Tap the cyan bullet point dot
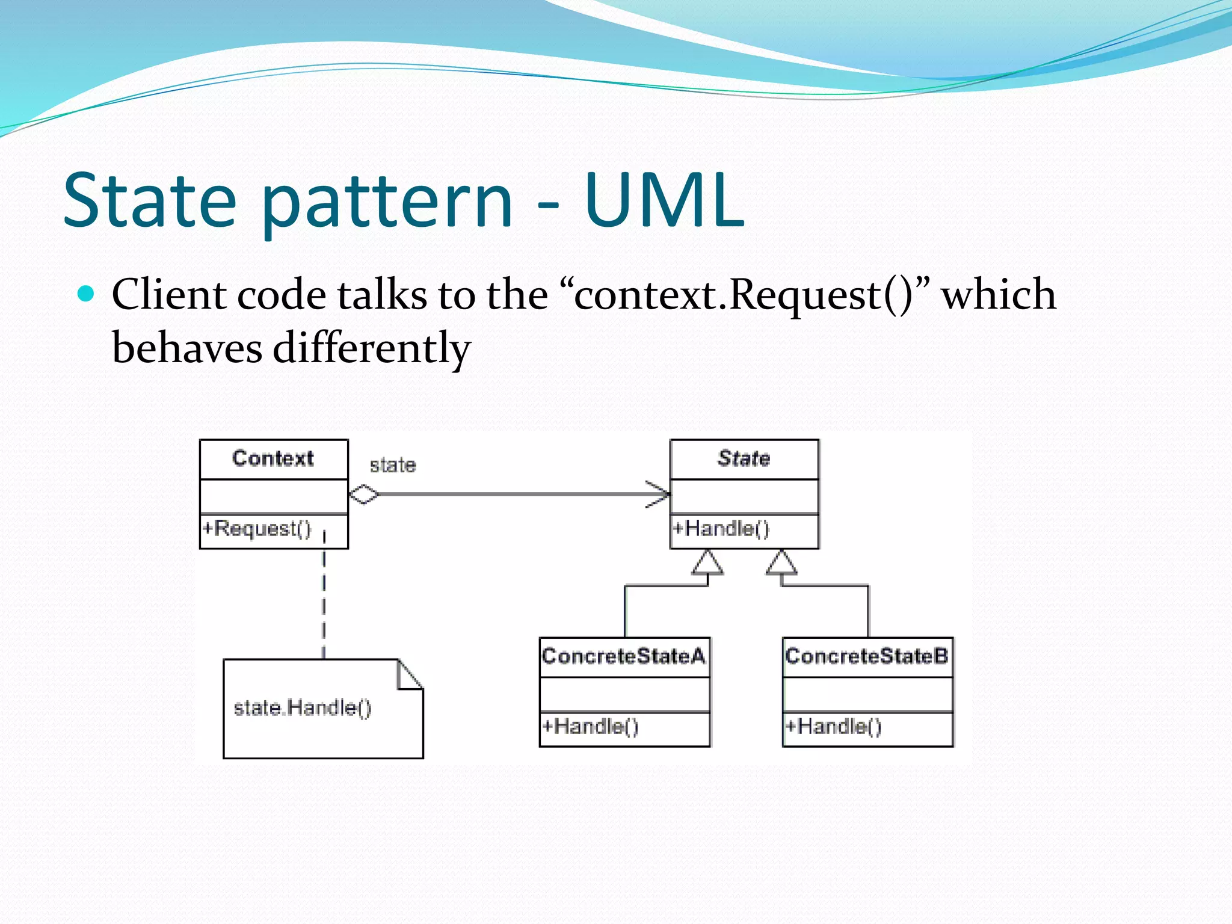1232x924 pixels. coord(87,294)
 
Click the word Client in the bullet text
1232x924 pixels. coord(168,295)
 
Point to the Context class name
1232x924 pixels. coord(273,458)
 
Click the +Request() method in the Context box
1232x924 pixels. coord(257,528)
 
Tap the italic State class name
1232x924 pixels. coord(744,458)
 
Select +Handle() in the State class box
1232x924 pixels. coord(721,528)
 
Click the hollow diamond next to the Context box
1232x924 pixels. coord(364,494)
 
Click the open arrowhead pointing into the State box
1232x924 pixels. coord(659,494)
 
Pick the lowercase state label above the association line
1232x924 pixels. coord(393,465)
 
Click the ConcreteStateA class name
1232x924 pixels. coord(623,656)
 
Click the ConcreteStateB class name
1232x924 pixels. coord(866,656)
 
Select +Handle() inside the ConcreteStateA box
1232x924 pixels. coord(590,726)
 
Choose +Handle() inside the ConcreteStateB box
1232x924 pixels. coord(833,726)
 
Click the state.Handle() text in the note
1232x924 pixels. coord(302,707)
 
